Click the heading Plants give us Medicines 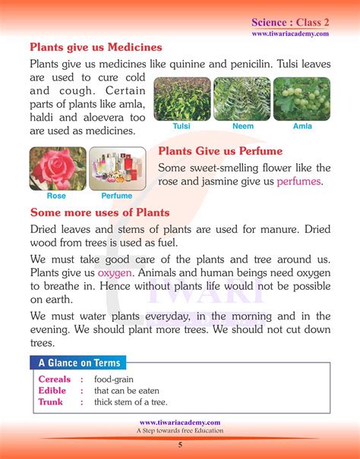pos(96,48)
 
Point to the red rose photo pos(56,168)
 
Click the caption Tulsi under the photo pos(182,126)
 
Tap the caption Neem pos(242,126)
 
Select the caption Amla pos(302,126)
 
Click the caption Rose pos(56,196)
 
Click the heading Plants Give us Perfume pos(220,151)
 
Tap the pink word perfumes pos(298,181)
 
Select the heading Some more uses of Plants pos(99,212)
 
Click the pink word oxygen pos(114,272)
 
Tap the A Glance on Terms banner pos(78,363)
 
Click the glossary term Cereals pos(55,379)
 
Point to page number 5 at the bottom pos(180,445)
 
